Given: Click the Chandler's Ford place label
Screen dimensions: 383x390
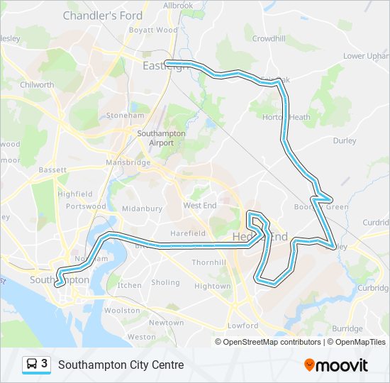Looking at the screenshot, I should click(x=102, y=15).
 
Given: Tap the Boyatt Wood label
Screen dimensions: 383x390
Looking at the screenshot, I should click(x=153, y=30).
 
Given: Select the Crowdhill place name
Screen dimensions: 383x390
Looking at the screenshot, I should click(x=268, y=38).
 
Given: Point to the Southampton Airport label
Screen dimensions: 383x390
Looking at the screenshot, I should click(x=161, y=138).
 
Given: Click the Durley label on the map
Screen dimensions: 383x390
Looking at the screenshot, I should click(x=345, y=140).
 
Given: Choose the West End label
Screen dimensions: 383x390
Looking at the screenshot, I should click(x=199, y=205).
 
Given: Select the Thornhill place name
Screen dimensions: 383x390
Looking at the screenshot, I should click(x=208, y=262).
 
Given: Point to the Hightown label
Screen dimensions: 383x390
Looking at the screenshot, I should click(x=212, y=286).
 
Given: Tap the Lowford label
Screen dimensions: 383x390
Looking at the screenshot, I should click(x=243, y=326).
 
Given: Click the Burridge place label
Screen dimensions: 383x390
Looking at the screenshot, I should click(x=347, y=328).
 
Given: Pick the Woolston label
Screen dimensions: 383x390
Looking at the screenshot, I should click(x=122, y=310).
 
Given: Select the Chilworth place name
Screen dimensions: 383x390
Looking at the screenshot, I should click(x=37, y=84).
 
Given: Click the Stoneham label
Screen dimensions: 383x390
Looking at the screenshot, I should click(x=125, y=115).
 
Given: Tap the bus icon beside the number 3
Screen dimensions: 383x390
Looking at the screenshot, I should click(x=32, y=365).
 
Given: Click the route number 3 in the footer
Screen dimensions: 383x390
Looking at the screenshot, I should click(x=45, y=364).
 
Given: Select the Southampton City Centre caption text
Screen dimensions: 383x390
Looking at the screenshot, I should click(x=121, y=365).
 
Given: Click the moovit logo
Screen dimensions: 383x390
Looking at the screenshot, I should click(x=336, y=365).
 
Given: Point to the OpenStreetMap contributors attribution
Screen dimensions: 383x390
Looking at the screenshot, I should click(x=272, y=342).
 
